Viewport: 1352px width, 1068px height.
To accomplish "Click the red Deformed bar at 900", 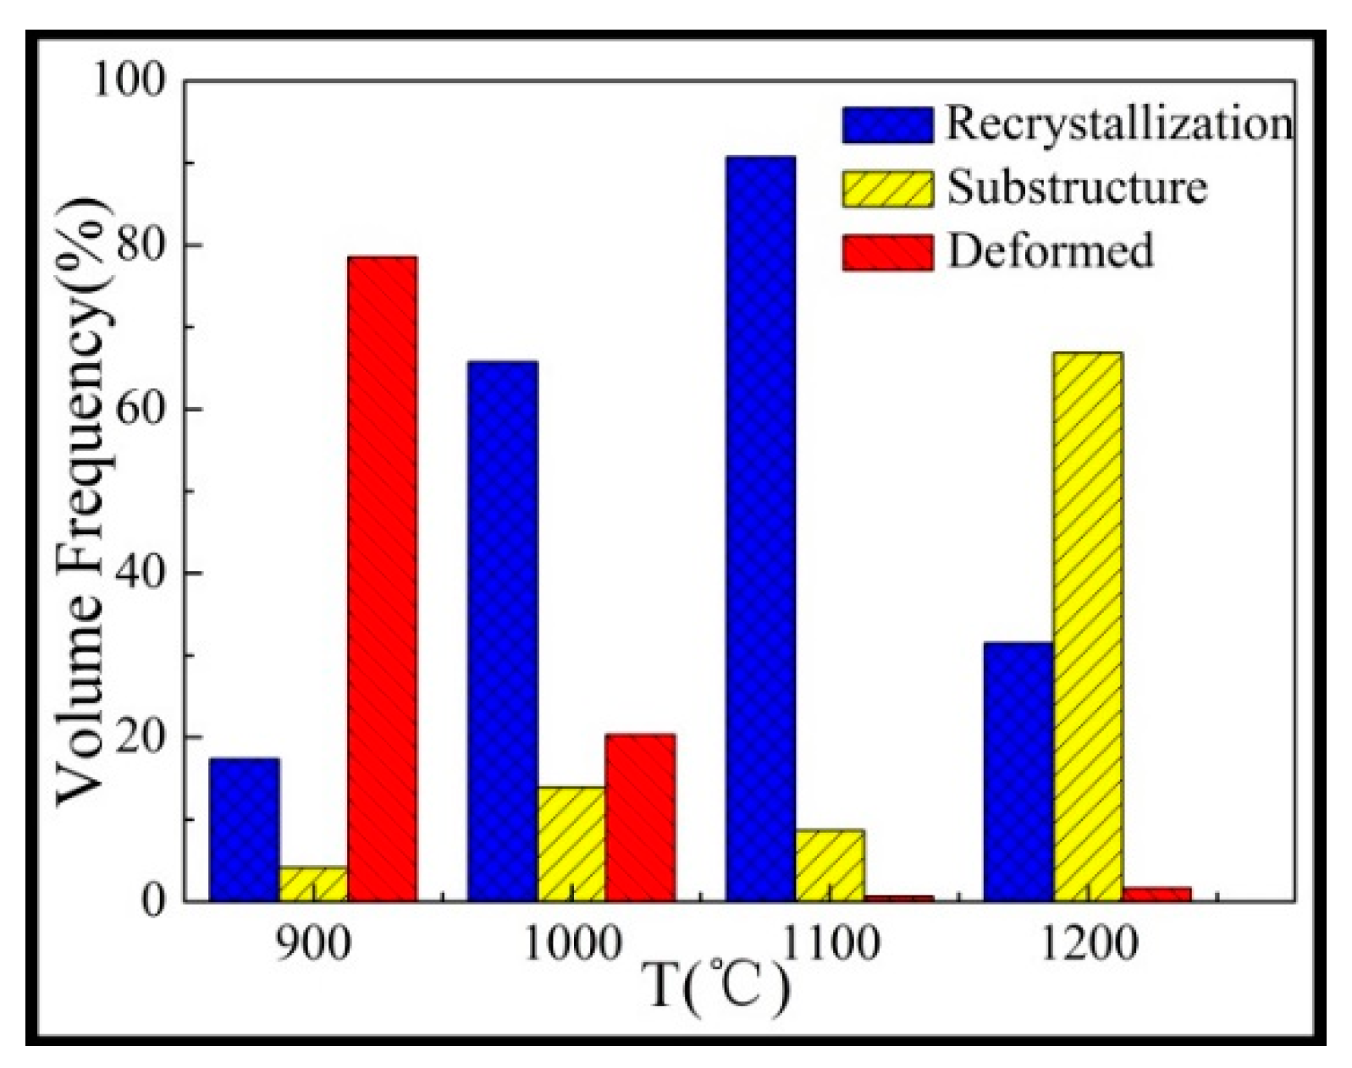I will point(382,578).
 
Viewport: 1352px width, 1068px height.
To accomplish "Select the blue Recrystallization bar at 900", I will point(244,829).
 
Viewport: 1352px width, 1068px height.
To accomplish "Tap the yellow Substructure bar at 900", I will point(313,884).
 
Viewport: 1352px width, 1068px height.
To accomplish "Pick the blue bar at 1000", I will point(502,630).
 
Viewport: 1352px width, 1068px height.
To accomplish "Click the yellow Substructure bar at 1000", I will point(571,844).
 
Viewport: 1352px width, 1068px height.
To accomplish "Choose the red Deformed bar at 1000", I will point(640,818).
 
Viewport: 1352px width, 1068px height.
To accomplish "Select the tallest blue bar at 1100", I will point(760,528).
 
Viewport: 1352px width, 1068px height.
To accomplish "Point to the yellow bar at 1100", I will point(830,865).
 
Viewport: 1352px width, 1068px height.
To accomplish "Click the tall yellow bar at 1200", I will point(1088,626).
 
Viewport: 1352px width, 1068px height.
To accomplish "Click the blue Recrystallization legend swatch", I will point(887,124).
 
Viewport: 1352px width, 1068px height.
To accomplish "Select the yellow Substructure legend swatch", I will point(887,188).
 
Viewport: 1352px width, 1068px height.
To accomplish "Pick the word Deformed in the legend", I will point(1050,251).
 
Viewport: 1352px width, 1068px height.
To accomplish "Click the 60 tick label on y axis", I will point(141,409).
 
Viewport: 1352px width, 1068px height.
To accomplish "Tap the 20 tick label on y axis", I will point(141,737).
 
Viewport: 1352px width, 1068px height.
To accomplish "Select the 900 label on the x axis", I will point(313,943).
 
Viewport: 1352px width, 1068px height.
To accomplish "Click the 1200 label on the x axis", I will point(1088,943).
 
